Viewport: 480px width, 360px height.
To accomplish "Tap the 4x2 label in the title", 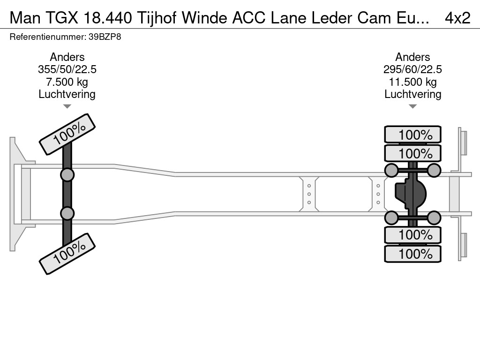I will click(457, 18).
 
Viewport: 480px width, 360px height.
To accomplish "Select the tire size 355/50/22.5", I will click(67, 69).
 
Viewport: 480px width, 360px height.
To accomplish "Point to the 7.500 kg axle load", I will click(67, 82).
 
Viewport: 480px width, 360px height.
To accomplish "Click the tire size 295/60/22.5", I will click(412, 69).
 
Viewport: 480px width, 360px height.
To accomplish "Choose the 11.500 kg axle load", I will click(412, 82).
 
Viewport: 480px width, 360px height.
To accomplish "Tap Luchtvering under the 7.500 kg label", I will click(67, 94).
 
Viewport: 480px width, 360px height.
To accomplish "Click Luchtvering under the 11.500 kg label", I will click(412, 94).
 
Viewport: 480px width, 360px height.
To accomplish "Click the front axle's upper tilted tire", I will click(67, 134).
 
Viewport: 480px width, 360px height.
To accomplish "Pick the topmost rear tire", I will click(412, 135).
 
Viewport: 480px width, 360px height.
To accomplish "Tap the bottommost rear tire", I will click(412, 254).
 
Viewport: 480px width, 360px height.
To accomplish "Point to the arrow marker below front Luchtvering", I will click(67, 106).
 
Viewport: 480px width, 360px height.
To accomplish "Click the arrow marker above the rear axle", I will click(412, 106).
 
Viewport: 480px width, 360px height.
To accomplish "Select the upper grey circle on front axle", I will click(67, 175).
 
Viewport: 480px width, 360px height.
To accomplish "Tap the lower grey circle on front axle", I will click(67, 213).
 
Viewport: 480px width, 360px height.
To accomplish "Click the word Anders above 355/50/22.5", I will click(67, 57).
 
